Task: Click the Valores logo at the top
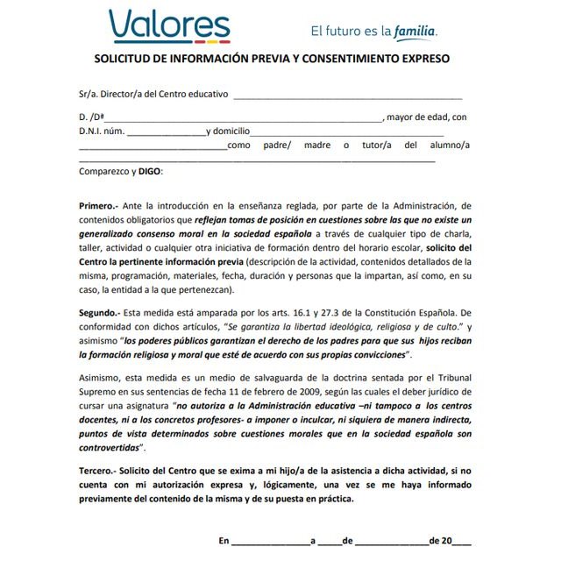pos(169,25)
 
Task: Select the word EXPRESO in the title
pos(423,59)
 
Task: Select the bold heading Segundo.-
pos(101,312)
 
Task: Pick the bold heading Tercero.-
pos(99,472)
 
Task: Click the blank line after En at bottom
pos(270,542)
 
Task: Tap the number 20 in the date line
pos(447,541)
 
